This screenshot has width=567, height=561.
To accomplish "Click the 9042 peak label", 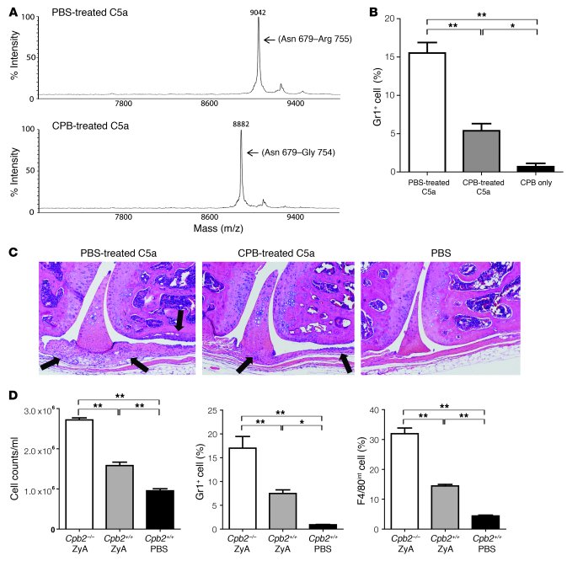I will pyautogui.click(x=259, y=13).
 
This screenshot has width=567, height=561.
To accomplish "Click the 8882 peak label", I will pyautogui.click(x=241, y=125).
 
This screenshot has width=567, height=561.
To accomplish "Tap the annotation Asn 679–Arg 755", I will pyautogui.click(x=308, y=39).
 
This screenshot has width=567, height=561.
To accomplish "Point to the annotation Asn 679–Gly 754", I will pyautogui.click(x=291, y=152).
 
